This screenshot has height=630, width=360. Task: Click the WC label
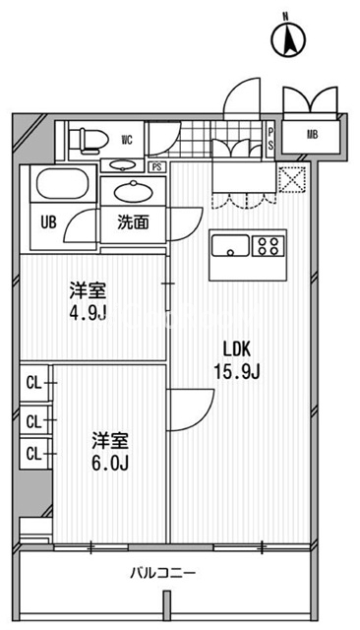click(127, 140)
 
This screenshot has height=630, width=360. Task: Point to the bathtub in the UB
click(61, 185)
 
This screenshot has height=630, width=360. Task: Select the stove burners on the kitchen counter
click(269, 245)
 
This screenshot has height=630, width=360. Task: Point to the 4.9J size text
click(87, 316)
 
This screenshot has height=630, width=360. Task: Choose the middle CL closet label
click(33, 421)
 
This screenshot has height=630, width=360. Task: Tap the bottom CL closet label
click(33, 454)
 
